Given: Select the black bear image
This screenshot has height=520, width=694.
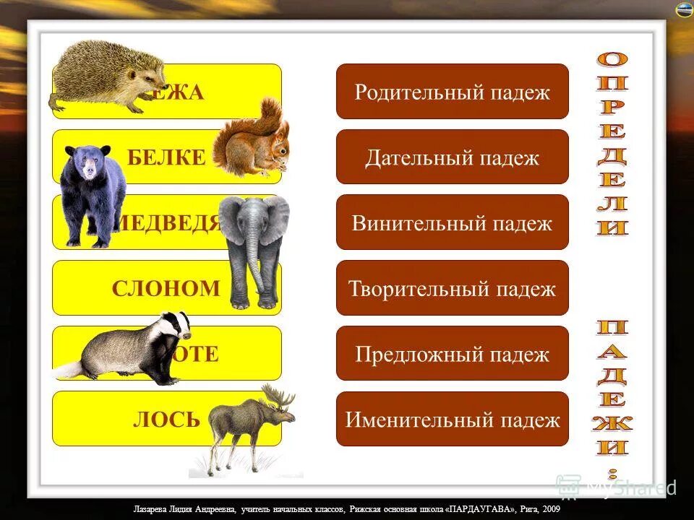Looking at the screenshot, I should [90, 191].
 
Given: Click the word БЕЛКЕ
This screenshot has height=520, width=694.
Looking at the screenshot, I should [166, 157].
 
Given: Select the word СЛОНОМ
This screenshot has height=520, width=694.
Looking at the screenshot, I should [166, 289].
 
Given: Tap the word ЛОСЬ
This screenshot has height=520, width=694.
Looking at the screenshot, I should [166, 419].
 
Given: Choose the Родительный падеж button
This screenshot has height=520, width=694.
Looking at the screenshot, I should [453, 92].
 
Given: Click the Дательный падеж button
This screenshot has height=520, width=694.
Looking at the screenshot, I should [453, 157].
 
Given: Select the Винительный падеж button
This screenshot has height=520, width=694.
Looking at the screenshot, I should [453, 222].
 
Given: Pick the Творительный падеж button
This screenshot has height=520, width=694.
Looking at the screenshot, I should [453, 288].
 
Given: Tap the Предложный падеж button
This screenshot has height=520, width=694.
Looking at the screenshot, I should [453, 354].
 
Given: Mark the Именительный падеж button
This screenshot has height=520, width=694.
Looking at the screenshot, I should [453, 419].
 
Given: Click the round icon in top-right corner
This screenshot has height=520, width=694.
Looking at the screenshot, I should [684, 10].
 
